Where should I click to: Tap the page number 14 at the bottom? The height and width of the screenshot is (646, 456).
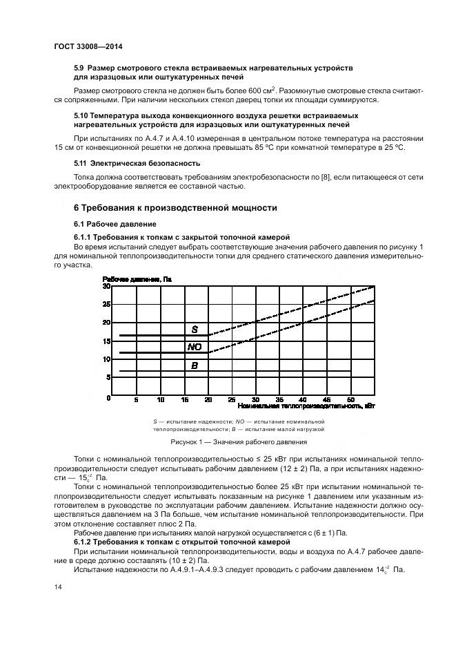[57, 587]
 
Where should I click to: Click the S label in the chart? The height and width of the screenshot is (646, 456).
[195, 330]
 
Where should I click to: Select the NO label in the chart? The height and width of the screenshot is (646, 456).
[195, 347]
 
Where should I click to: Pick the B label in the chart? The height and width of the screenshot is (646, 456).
[195, 365]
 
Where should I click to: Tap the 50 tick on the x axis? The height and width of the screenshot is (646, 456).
[350, 400]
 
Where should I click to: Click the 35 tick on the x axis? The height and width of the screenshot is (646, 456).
[279, 400]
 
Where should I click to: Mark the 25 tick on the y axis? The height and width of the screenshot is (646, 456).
[106, 304]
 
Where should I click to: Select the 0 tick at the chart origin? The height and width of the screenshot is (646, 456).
[108, 399]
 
